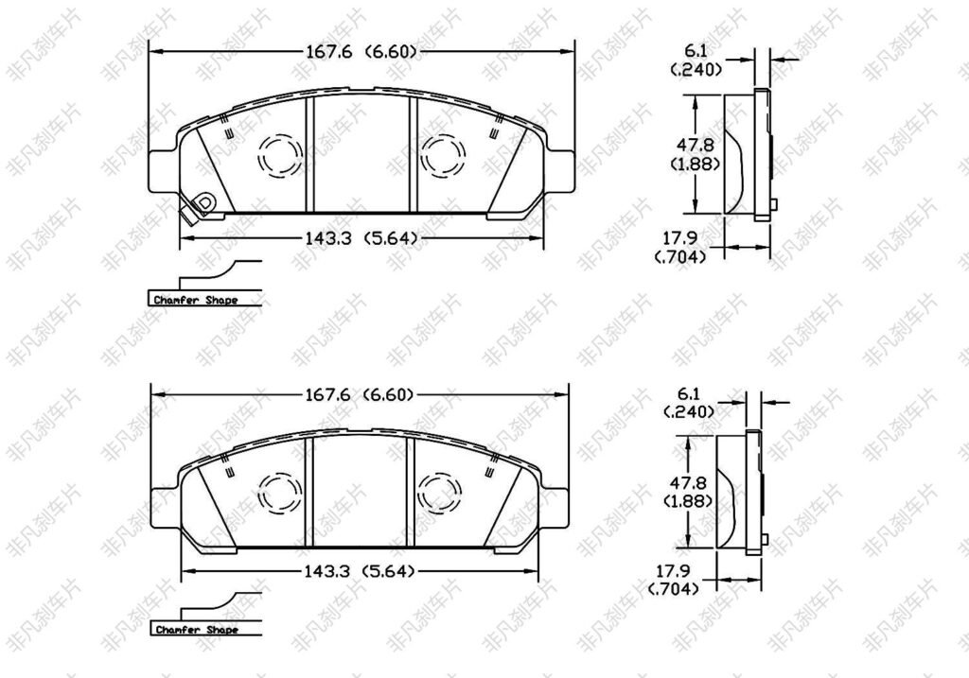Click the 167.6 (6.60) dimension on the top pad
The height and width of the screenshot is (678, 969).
point(361,51)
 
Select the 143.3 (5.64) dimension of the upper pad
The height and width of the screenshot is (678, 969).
point(361,237)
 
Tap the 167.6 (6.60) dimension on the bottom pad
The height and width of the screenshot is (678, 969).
point(359,394)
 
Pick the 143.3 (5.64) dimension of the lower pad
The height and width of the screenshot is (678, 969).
point(359,571)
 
